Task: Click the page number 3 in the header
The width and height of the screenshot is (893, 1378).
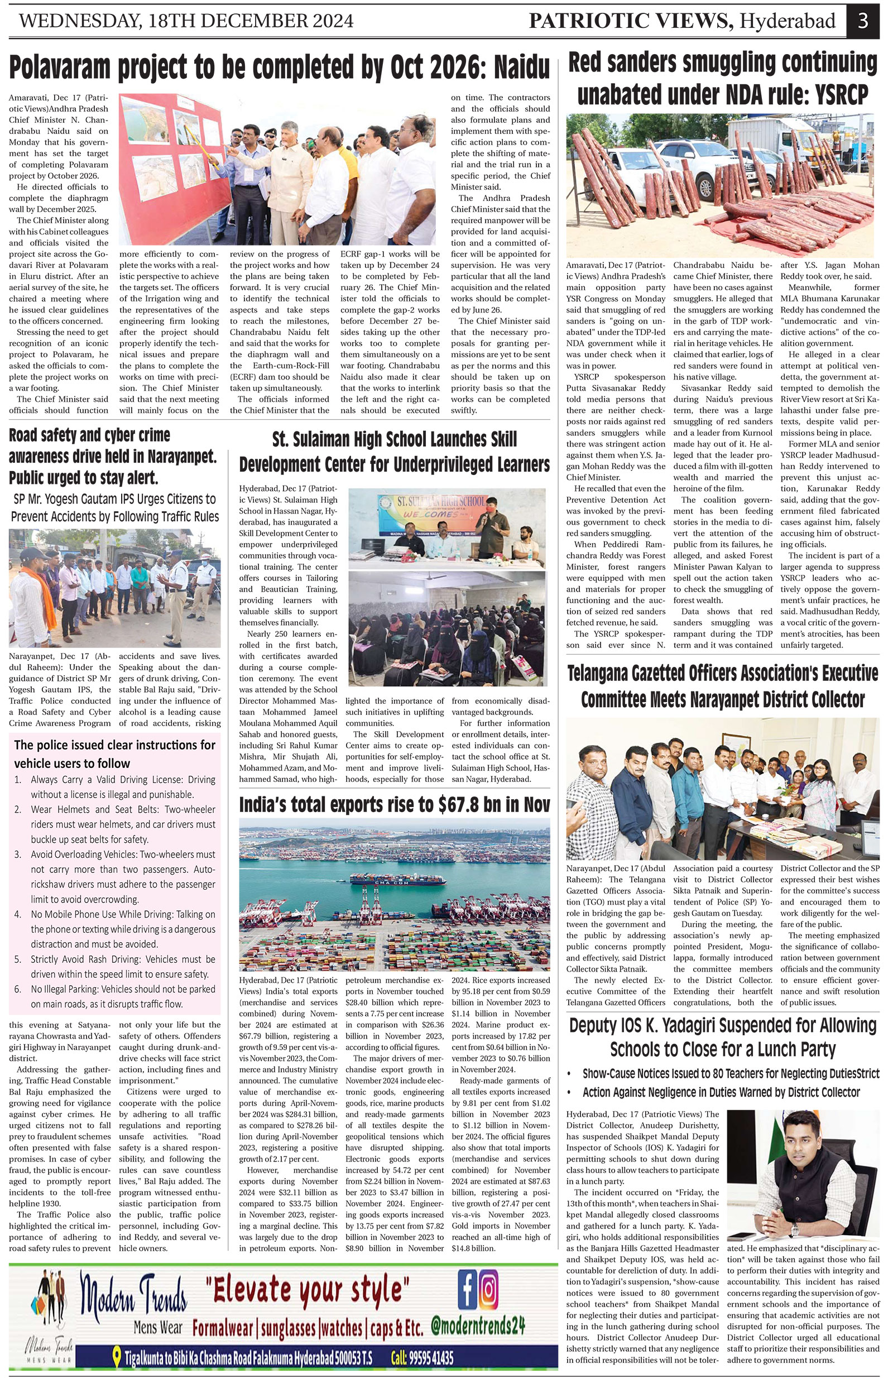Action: click(x=862, y=21)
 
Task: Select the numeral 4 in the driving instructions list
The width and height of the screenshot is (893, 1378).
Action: click(x=18, y=914)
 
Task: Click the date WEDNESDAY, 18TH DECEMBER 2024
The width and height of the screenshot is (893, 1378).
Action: click(x=186, y=21)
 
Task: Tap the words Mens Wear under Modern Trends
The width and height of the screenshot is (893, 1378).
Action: click(x=157, y=1327)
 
